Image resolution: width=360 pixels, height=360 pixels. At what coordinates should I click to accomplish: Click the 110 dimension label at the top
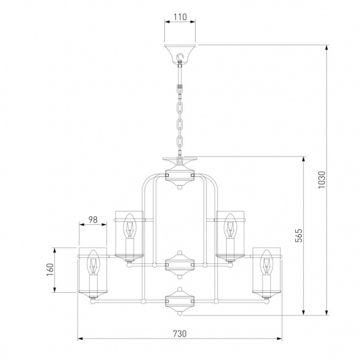tap(180, 17)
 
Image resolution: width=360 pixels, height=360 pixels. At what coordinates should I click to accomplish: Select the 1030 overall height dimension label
tap(321, 180)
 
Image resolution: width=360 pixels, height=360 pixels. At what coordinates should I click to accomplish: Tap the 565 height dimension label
tap(299, 235)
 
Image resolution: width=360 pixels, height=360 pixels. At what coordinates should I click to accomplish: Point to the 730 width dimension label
tap(180, 334)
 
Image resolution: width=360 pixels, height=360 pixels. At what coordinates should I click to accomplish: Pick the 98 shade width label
tap(93, 219)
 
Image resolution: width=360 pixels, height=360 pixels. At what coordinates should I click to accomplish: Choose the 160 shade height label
tap(50, 270)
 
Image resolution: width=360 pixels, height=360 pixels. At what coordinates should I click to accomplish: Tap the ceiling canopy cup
tap(180, 54)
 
